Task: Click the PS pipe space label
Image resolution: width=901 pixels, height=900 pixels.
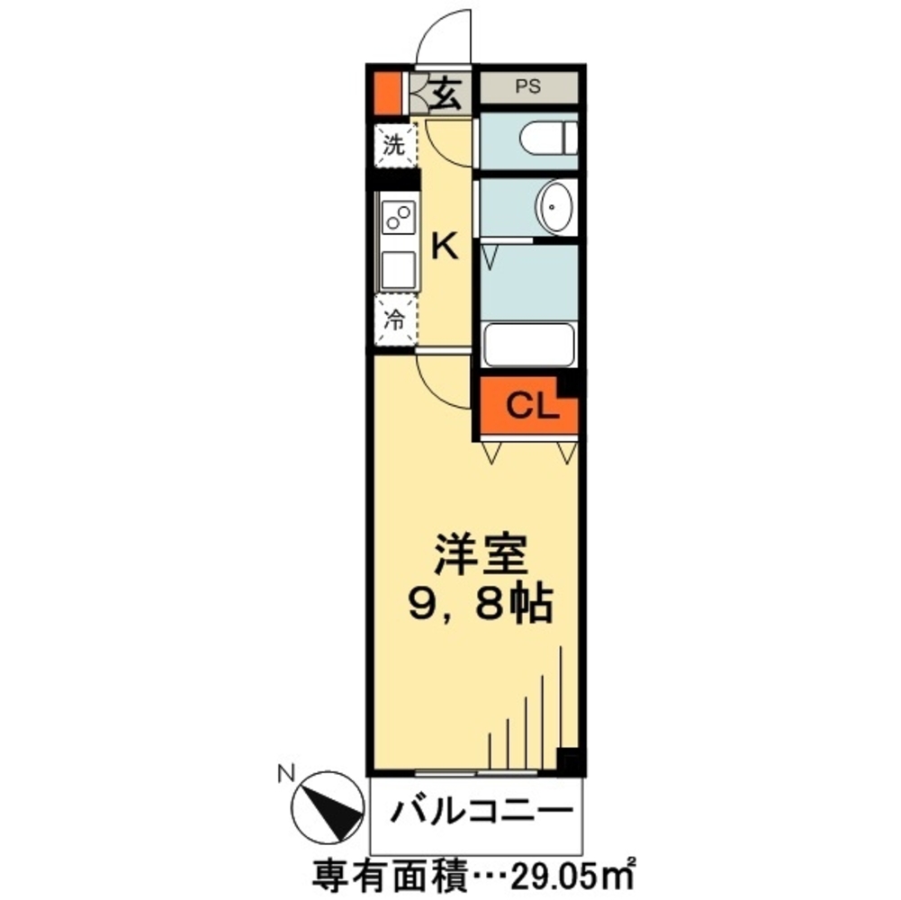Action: pyautogui.click(x=527, y=88)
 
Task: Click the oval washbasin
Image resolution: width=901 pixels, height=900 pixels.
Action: pyautogui.click(x=554, y=206)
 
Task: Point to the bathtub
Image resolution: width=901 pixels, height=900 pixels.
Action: pyautogui.click(x=528, y=346)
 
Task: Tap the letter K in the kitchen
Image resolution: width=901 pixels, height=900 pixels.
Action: pyautogui.click(x=445, y=245)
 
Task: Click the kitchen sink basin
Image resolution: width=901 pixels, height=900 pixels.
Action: pyautogui.click(x=397, y=269)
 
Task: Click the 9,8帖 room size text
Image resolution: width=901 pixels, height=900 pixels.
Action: pyautogui.click(x=480, y=605)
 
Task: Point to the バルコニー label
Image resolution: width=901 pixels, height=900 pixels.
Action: pyautogui.click(x=480, y=813)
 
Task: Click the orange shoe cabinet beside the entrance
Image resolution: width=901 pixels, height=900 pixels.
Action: pyautogui.click(x=386, y=91)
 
